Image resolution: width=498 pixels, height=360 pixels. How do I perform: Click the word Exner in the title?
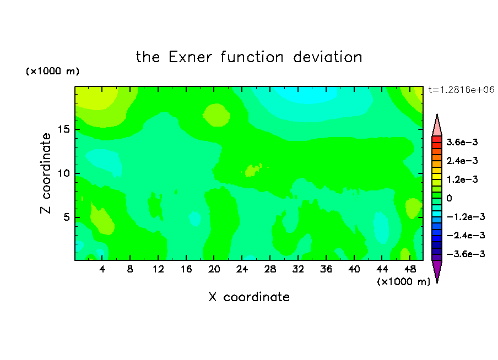pos(190,57)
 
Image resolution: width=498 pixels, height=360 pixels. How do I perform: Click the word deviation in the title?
pos(327,57)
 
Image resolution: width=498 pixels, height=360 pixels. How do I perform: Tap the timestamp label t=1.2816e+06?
pos(461,90)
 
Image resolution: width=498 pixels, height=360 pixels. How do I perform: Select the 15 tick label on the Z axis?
pos(63,129)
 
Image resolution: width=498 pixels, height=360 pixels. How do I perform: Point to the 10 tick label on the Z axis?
pos(63,173)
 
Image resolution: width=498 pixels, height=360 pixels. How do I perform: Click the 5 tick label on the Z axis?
pos(66,217)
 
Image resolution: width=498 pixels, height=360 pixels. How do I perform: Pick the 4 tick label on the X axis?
pos(102,269)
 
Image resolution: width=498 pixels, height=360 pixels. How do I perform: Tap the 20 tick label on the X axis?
pos(214,269)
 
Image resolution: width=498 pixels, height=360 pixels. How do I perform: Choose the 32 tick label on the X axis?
pos(298,269)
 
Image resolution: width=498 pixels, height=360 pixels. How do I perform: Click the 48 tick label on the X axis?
pos(410,269)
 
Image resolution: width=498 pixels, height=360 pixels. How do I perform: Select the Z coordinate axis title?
pos(46,173)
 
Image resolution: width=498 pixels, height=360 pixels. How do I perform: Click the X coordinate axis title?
pos(249,297)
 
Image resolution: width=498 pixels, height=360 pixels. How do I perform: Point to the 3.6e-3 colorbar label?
pos(462,142)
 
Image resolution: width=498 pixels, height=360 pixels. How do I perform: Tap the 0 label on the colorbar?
pos(449,198)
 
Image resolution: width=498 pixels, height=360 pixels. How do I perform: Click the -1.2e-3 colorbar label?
pos(465,217)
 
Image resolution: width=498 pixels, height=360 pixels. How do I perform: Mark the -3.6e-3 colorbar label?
pos(465,254)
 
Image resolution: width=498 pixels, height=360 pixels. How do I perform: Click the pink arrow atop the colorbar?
pos(437,126)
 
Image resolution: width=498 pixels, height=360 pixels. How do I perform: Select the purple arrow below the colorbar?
pos(437,270)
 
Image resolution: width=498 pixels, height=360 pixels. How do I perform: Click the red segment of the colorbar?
pos(437,139)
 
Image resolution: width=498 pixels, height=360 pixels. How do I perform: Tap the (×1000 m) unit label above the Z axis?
pos(52,71)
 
